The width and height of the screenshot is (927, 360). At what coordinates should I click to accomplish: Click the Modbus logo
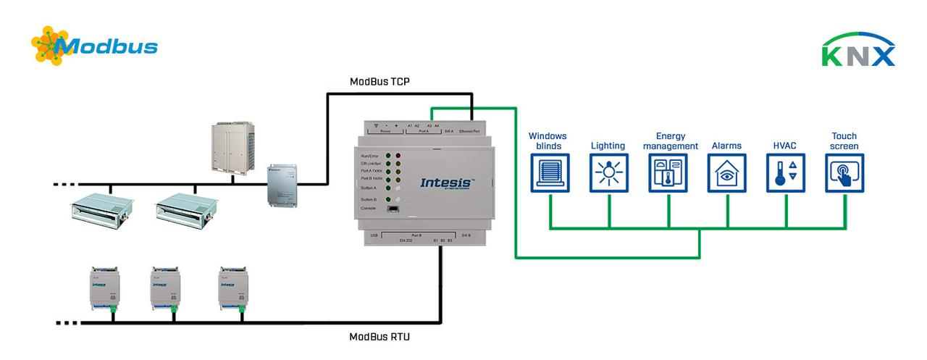94,46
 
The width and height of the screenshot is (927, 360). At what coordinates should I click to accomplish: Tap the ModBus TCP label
379,81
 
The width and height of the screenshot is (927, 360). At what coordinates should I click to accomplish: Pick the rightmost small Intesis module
232,288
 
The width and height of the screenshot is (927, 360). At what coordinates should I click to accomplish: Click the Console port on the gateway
393,209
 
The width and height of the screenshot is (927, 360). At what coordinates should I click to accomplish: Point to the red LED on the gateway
398,156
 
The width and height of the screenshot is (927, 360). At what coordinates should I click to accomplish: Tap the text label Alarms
726,146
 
